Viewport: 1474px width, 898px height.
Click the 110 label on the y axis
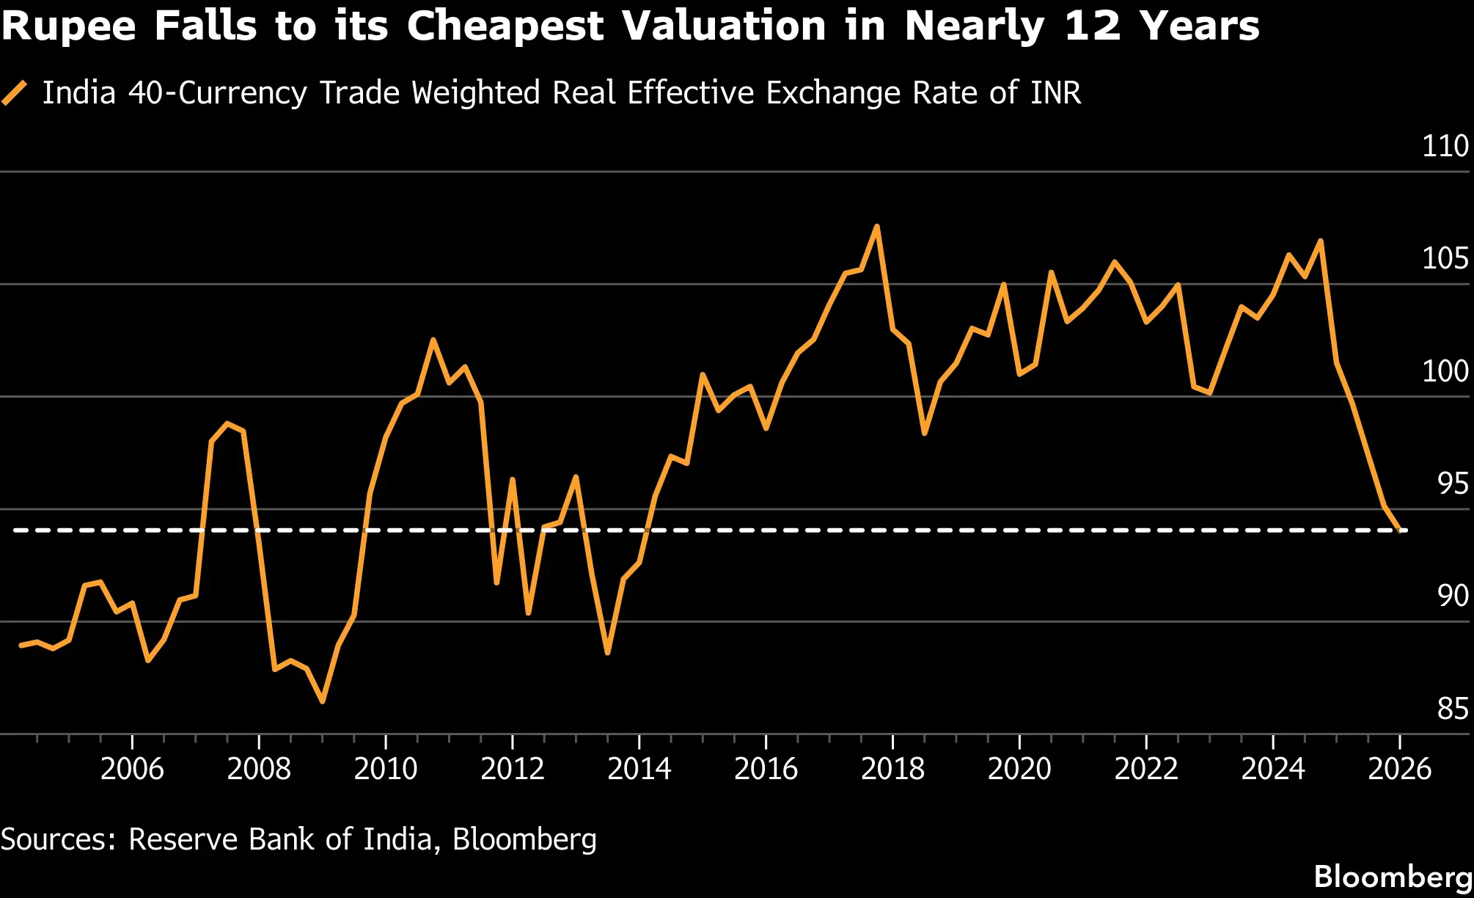coord(1445,146)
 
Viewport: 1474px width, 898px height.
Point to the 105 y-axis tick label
coord(1445,258)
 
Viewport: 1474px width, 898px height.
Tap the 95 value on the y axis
coord(1453,483)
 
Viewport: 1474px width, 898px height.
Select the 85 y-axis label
coord(1453,709)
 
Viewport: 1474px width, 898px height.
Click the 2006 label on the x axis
coord(132,769)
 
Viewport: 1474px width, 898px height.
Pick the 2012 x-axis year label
coord(513,769)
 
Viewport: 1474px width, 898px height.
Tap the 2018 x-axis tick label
coord(892,769)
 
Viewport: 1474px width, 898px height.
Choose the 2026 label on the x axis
coord(1400,769)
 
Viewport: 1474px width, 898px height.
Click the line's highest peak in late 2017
coord(877,227)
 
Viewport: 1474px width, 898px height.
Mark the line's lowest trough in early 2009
coord(323,701)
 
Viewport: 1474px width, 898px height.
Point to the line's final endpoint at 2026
coord(1401,529)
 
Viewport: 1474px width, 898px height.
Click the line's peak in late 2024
coord(1321,241)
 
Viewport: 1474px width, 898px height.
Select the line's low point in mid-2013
coord(608,652)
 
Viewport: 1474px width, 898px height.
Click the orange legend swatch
coord(15,93)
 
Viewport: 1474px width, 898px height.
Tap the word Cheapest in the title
coord(505,27)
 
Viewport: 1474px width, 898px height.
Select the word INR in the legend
coord(1055,93)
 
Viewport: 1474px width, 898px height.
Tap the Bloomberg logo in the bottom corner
coord(1393,877)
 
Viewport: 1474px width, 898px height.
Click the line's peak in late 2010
coord(433,340)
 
